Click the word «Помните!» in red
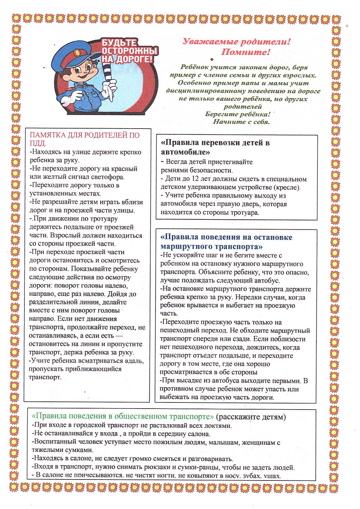coord(246,52)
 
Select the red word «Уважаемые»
coord(210,42)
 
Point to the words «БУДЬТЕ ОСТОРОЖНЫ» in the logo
coord(129,47)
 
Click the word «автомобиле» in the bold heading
coord(185,152)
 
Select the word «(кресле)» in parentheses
coord(287,187)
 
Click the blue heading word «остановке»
coord(272,237)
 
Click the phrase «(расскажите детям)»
coord(251,416)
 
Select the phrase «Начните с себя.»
coord(241,122)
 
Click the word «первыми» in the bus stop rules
coord(285,381)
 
